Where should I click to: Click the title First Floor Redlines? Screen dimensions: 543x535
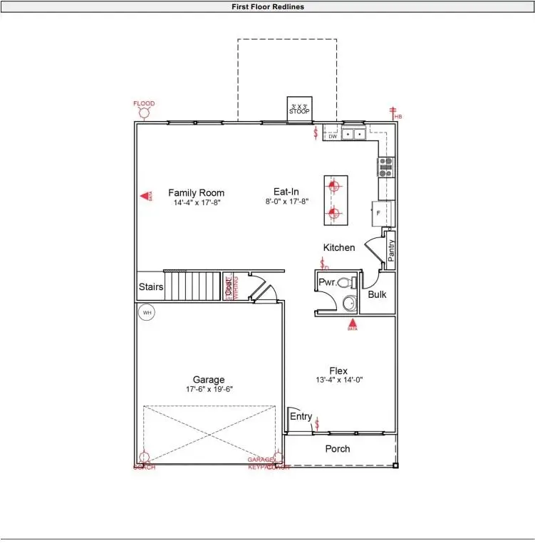tap(267, 6)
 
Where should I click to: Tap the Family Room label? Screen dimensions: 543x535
tap(196, 192)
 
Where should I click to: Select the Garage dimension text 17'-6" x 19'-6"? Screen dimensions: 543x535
tap(209, 389)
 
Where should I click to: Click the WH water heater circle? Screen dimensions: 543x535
tap(147, 313)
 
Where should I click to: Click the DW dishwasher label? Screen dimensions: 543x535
tap(332, 137)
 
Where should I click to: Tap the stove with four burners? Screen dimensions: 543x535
tap(386, 167)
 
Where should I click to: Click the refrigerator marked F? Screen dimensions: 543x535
tap(378, 212)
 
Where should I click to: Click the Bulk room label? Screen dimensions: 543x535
tap(377, 294)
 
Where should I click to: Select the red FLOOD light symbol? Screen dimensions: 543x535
tap(143, 113)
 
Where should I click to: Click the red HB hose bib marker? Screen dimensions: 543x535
tap(393, 112)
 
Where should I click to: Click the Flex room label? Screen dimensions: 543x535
tap(338, 371)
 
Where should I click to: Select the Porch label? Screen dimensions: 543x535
tap(338, 449)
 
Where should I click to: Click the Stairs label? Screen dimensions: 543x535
tap(150, 287)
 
